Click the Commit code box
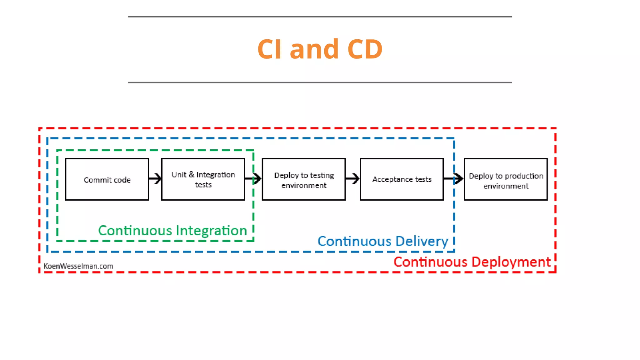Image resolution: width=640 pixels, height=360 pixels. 107,179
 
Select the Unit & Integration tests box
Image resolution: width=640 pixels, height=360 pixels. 203,179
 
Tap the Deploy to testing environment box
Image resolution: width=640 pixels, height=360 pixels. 304,179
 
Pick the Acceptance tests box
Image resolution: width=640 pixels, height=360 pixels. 402,179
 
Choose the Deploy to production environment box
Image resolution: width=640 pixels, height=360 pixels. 506,179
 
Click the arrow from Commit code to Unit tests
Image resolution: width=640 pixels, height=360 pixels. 155,179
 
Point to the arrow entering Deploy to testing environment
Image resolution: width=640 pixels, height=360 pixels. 254,179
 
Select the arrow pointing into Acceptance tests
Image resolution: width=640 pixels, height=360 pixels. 353,179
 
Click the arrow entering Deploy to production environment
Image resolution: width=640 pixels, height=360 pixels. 454,179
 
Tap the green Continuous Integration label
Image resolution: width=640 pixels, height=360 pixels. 172,231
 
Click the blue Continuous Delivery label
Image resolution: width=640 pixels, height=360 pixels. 382,242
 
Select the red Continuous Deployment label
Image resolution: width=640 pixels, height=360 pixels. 472,262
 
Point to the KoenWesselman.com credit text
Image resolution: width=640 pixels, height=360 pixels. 78,266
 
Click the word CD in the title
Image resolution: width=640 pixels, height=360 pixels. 365,49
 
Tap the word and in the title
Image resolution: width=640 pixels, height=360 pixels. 314,49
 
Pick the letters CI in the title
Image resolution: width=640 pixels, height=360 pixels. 269,49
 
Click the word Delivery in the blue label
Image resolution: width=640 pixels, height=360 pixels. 421,242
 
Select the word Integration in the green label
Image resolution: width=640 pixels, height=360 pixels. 212,231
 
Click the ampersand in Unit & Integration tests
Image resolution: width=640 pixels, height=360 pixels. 191,174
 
